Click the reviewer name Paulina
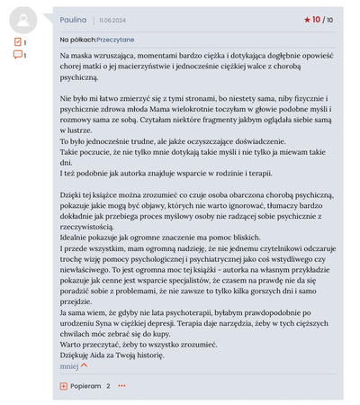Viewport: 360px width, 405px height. tap(74, 19)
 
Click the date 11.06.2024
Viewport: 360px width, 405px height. tap(113, 20)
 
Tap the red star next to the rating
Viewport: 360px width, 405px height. tap(307, 19)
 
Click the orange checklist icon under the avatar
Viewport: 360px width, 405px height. tap(17, 41)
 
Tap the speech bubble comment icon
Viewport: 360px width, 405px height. tap(17, 55)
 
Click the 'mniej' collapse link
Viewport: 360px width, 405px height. tap(69, 366)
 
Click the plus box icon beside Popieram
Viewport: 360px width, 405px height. tap(64, 386)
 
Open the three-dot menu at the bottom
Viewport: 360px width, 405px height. tap(121, 386)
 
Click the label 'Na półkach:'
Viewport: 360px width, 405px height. tap(77, 40)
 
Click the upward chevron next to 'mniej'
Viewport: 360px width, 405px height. tap(85, 366)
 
